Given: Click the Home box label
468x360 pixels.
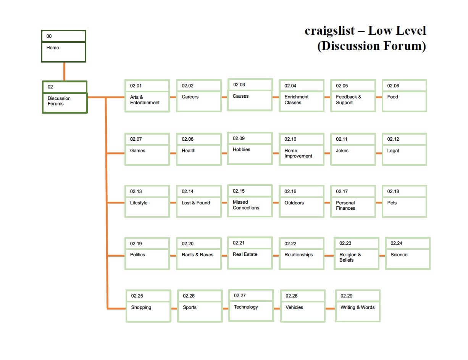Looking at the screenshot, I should [x=53, y=48].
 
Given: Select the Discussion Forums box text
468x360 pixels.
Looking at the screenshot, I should [x=59, y=101].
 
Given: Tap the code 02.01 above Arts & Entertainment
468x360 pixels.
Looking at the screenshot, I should [x=136, y=86].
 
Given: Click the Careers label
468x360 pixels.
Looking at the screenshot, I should [x=190, y=97].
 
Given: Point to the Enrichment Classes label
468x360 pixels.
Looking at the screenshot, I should [x=296, y=100].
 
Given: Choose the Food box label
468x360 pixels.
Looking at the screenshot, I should [x=392, y=97].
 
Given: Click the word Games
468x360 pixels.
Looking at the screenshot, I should [x=137, y=151].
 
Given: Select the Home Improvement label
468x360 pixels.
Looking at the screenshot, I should [x=298, y=153].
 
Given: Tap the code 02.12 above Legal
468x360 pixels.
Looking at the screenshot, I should [x=393, y=139].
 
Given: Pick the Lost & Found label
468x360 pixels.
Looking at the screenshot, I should [x=196, y=203].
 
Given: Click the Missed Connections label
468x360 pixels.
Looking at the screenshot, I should [x=246, y=205].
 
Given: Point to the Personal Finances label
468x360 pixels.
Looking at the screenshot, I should [x=345, y=206].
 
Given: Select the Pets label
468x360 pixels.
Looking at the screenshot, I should [x=392, y=203].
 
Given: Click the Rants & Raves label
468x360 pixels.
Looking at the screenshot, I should [x=197, y=255].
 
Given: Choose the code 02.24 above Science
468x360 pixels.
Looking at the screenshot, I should [x=396, y=243].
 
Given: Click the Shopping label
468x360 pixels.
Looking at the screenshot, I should [x=141, y=307].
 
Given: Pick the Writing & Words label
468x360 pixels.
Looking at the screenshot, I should [x=357, y=307].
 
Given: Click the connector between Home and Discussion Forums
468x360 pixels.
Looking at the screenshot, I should [x=64, y=71].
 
